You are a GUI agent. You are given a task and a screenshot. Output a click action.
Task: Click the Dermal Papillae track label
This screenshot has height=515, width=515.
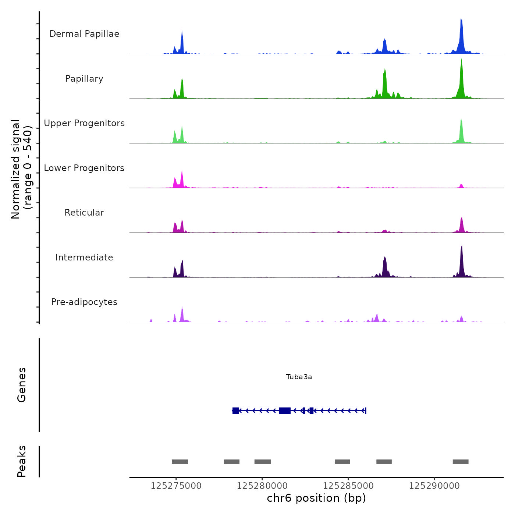84,34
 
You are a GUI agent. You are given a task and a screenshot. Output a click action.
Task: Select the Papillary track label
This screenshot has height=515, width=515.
84,79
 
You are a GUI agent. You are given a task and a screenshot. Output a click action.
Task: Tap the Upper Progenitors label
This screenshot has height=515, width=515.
84,123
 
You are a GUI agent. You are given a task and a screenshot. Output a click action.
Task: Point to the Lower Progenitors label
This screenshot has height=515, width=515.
84,168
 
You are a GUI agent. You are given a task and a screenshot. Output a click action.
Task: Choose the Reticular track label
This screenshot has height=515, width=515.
84,213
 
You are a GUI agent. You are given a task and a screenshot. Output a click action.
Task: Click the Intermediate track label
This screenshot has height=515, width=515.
84,257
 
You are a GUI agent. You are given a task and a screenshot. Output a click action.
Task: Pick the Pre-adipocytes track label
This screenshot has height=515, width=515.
84,302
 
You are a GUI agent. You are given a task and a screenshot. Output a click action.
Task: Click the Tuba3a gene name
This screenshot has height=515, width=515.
299,377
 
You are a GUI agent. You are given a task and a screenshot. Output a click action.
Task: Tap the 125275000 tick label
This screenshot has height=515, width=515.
176,486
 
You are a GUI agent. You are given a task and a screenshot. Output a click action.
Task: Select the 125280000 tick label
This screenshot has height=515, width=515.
262,486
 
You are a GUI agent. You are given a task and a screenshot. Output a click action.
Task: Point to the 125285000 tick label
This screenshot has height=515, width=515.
348,486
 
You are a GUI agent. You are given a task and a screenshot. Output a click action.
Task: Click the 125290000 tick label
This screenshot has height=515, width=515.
434,486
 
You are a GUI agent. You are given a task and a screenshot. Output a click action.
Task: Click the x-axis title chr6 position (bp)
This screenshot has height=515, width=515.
316,498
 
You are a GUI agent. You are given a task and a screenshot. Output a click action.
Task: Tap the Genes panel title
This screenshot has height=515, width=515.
22,385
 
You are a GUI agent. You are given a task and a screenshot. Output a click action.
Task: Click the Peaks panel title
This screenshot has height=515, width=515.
22,461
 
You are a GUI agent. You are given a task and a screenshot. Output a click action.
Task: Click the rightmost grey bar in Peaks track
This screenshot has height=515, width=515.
461,462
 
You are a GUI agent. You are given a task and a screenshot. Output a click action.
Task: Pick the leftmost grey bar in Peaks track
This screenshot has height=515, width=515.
180,462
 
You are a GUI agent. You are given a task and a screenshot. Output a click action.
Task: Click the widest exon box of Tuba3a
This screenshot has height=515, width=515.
285,411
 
